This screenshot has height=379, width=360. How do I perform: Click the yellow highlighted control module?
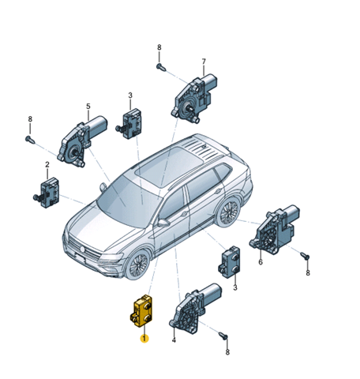141,311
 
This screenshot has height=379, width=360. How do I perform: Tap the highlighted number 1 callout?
144,338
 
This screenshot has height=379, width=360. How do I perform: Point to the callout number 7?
204,62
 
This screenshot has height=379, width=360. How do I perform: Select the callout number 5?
88,107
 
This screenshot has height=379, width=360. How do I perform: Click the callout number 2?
47,165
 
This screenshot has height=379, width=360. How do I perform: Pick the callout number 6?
261,262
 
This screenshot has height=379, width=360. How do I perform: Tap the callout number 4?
174,340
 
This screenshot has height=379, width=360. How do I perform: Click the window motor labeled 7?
194,98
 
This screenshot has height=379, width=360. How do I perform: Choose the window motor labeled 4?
196,308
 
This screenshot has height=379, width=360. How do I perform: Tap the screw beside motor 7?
161,67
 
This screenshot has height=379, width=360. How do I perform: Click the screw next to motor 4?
223,336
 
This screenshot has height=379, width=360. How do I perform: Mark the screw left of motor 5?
30,139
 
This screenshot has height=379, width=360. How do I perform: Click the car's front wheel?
139,264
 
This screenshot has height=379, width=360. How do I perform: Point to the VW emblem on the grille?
82,249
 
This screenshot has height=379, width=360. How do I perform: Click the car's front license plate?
80,258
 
